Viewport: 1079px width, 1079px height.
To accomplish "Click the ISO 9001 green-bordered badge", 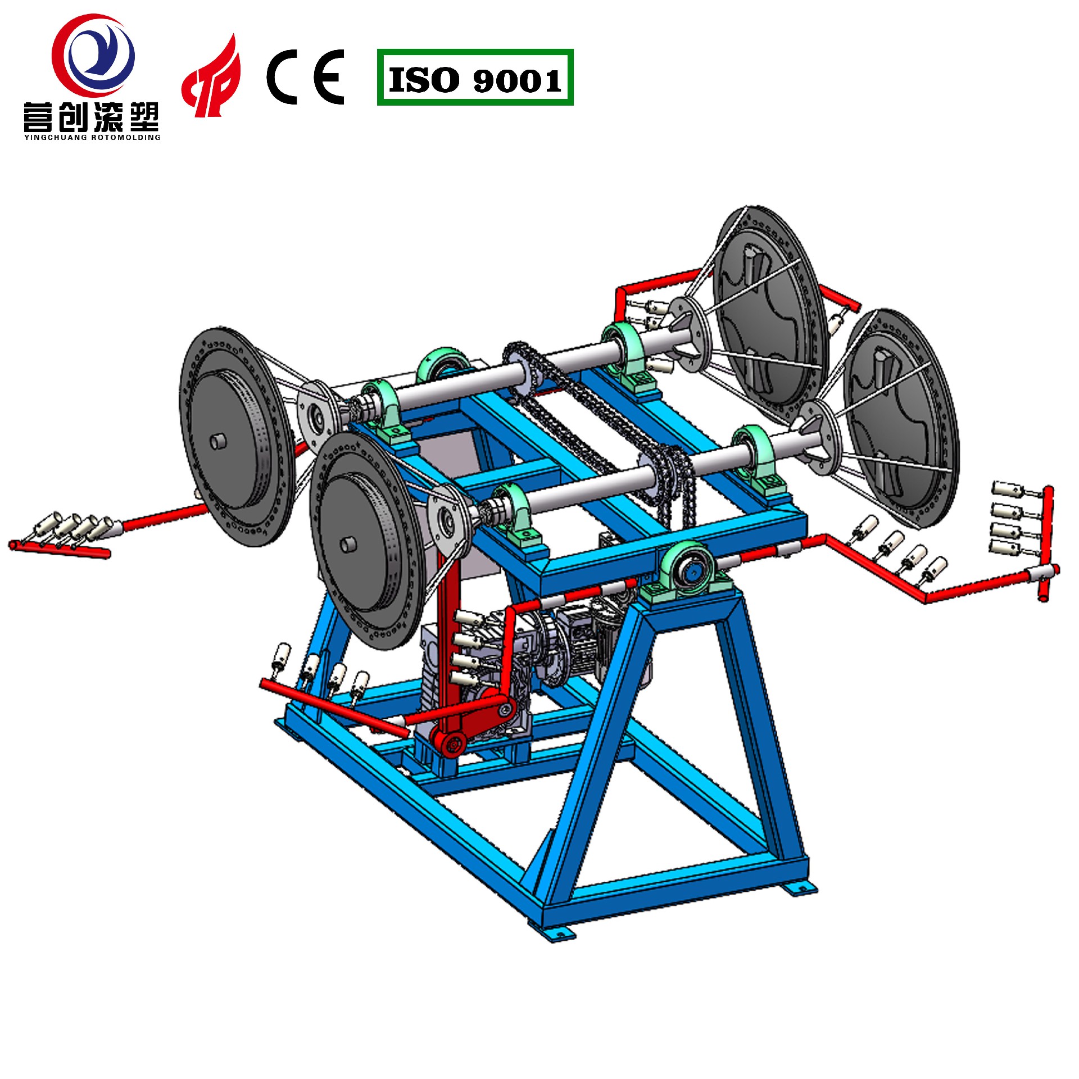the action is [475, 78].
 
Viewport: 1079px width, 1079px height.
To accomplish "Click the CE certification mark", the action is [306, 77].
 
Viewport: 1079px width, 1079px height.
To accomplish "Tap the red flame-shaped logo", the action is [211, 76].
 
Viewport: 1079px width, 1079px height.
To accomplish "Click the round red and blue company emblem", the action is [93, 55].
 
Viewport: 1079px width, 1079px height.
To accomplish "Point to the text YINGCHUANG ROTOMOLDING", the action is [92, 137].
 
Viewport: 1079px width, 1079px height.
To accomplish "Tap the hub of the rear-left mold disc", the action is [217, 441].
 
